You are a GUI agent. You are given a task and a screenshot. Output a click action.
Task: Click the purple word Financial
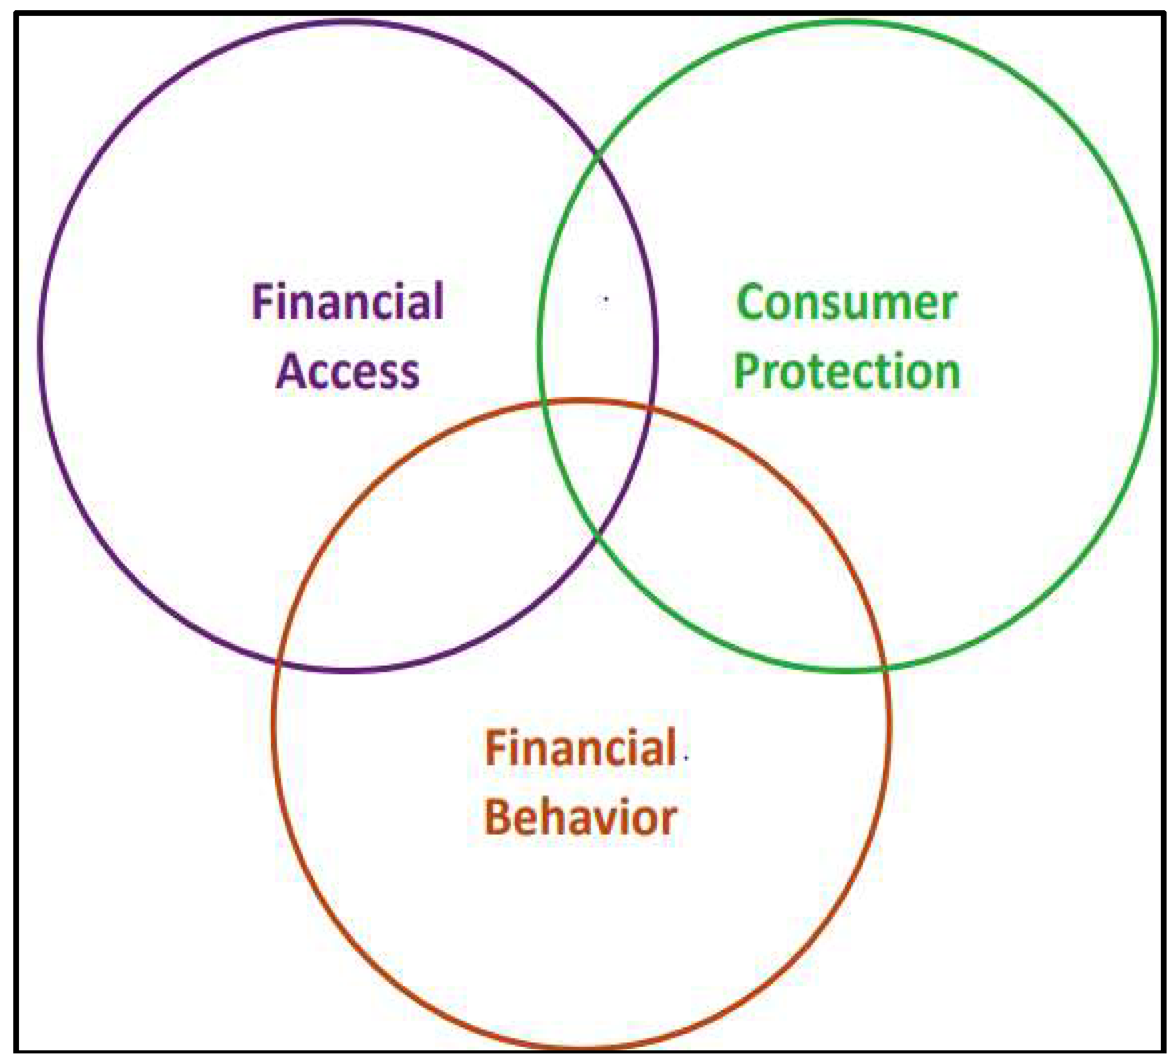pos(348,302)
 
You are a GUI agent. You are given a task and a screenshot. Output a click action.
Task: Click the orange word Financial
pos(580,748)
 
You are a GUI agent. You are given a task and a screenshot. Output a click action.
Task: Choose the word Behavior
pos(580,818)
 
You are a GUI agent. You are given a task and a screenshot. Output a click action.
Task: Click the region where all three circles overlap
pos(597,460)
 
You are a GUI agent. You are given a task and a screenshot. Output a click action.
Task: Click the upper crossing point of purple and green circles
pos(597,156)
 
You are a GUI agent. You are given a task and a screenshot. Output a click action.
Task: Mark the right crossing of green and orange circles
pos(885,668)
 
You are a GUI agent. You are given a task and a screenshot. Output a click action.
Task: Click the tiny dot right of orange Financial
pos(686,757)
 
